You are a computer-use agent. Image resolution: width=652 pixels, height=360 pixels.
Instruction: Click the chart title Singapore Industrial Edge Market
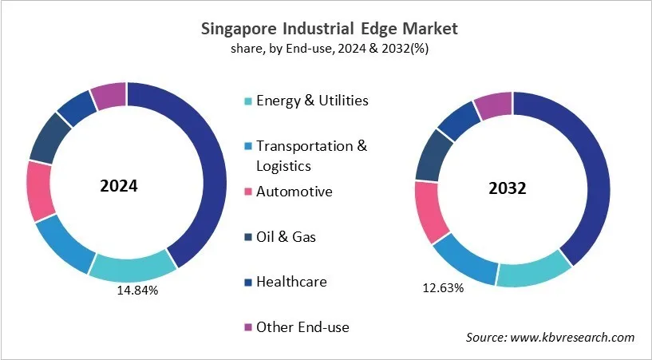tap(326, 29)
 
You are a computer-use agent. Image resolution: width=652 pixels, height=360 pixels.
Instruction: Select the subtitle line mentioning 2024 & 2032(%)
tap(326, 49)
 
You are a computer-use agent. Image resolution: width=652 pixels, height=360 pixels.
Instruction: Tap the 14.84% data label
tap(136, 291)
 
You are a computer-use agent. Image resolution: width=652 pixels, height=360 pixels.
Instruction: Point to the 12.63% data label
tap(443, 287)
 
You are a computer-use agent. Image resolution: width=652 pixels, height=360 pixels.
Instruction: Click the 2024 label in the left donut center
tap(119, 186)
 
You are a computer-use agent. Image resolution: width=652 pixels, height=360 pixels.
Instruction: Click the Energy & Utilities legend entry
tap(312, 101)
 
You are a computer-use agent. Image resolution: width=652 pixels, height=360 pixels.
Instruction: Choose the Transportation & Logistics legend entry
tap(312, 156)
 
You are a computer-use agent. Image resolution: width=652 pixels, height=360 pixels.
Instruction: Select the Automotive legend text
tap(294, 192)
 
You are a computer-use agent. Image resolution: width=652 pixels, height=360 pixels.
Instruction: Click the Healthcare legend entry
tap(291, 282)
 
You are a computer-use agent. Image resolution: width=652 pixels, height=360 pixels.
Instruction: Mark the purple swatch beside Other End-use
tap(248, 327)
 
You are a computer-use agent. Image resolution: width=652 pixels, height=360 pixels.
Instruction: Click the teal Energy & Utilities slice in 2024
tap(131, 267)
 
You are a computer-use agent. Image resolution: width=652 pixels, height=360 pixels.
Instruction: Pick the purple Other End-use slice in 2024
tap(109, 95)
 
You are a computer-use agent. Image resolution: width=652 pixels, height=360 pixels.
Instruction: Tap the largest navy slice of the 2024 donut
tap(200, 176)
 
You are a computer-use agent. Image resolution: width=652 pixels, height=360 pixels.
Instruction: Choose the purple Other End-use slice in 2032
tap(492, 105)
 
